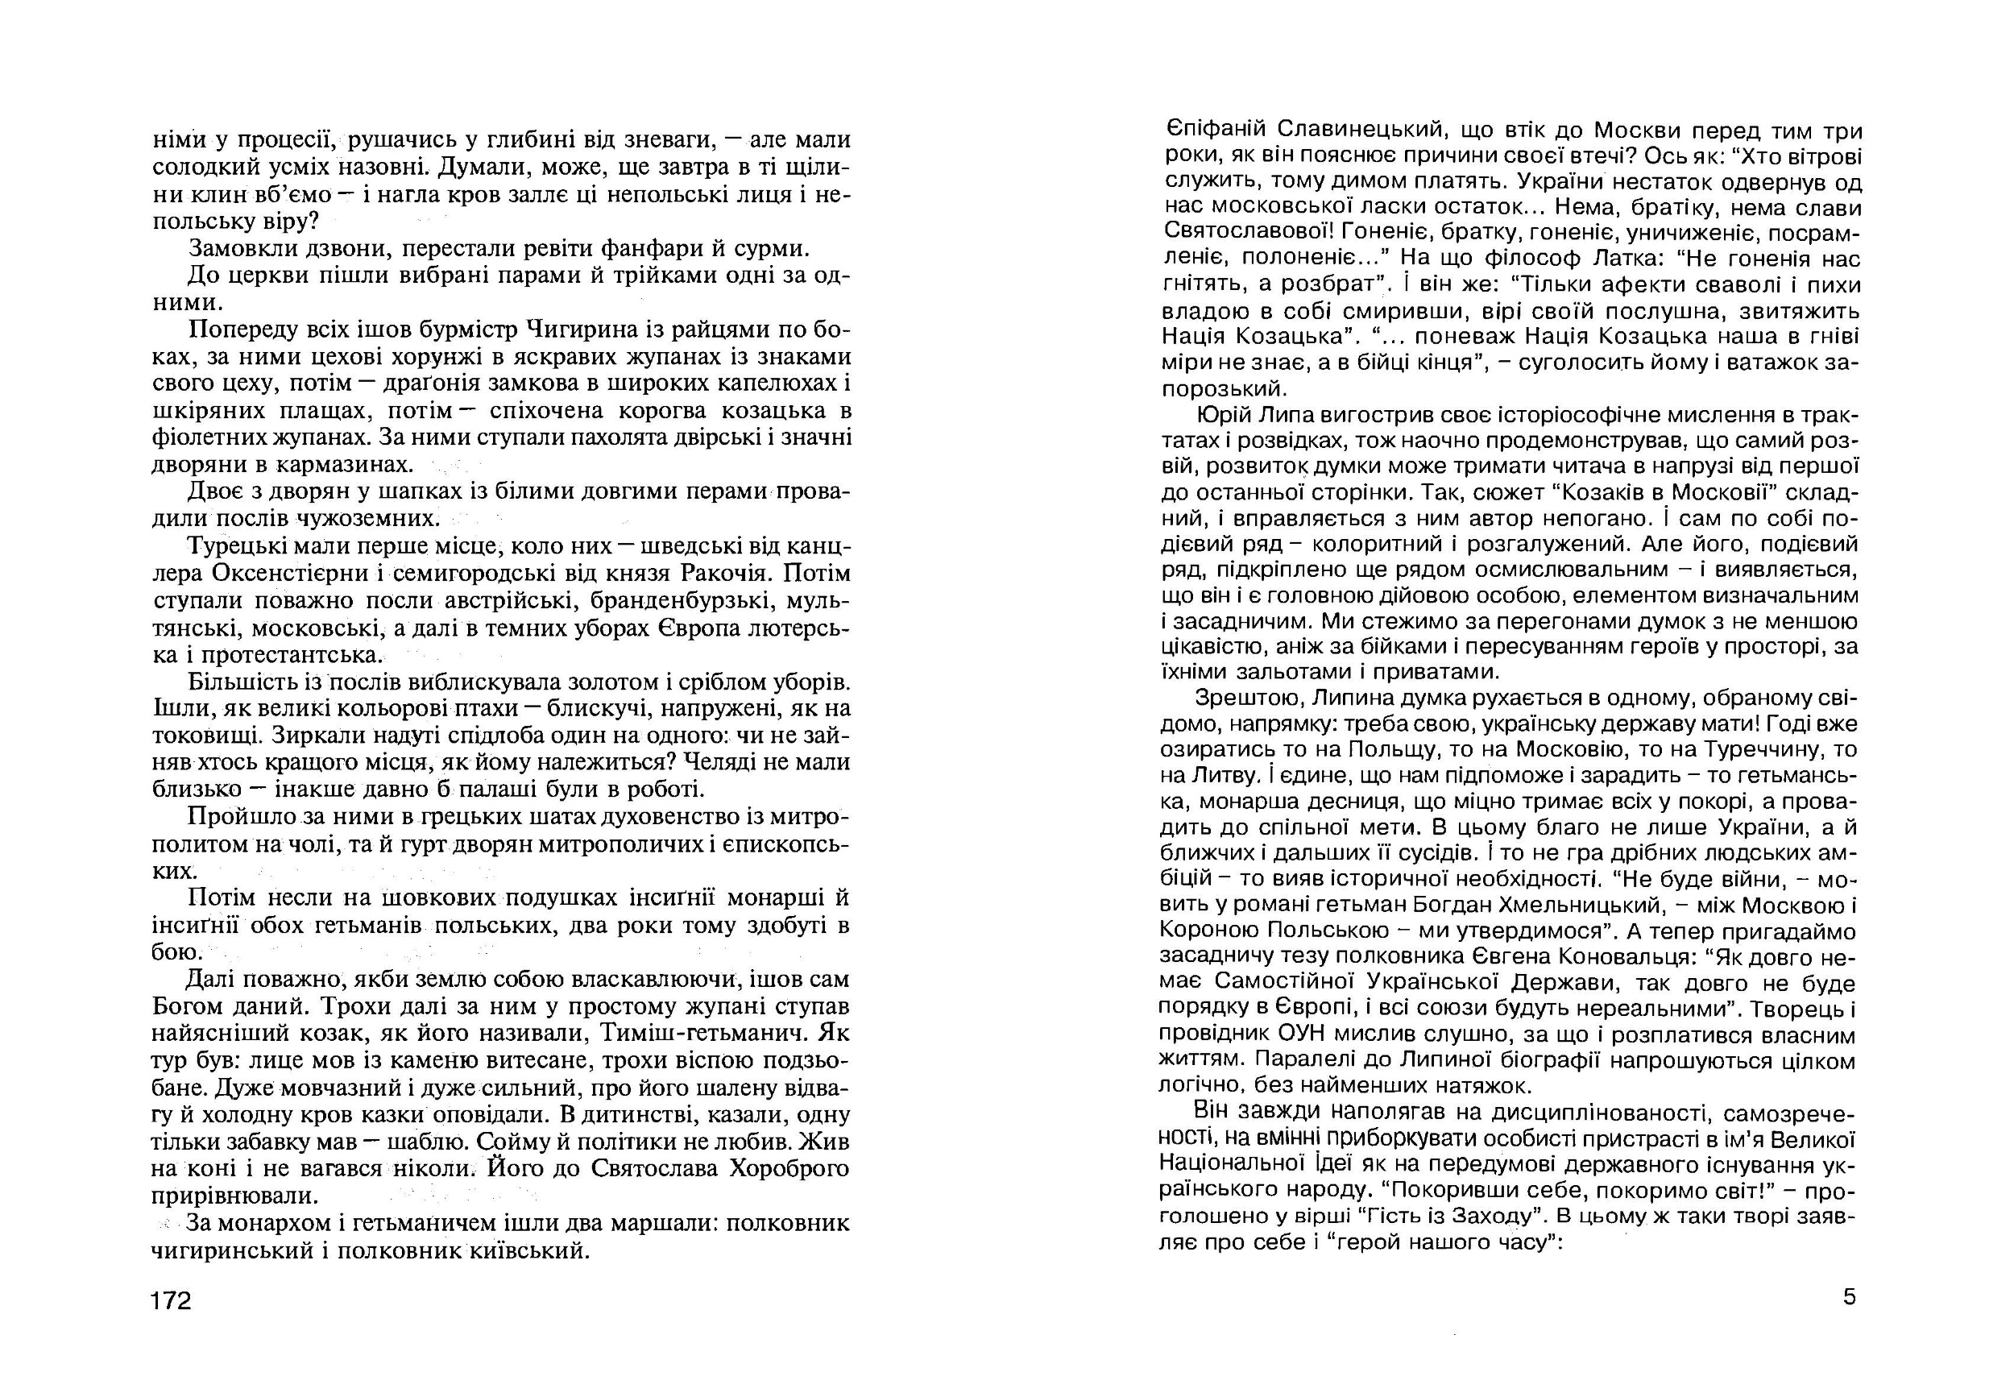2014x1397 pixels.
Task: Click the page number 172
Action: (x=171, y=1302)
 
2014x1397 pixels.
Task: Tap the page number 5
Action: (x=1849, y=1296)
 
